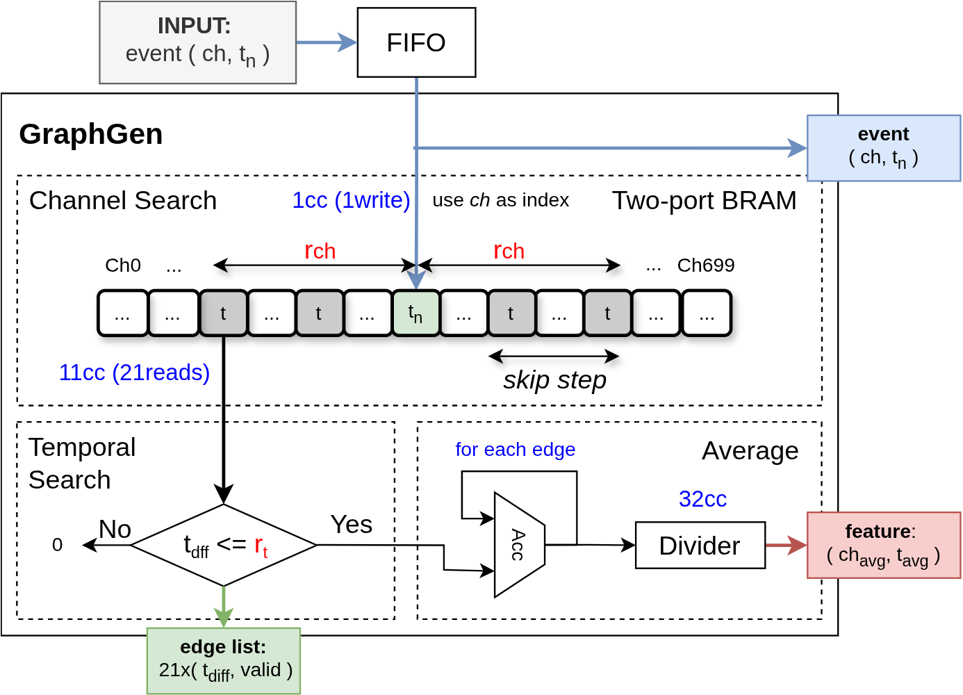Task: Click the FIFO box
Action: click(x=416, y=42)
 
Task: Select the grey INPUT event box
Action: click(x=197, y=42)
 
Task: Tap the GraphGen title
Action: click(x=91, y=134)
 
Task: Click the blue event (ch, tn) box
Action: click(x=883, y=148)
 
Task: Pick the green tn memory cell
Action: click(x=415, y=313)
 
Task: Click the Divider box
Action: click(x=700, y=546)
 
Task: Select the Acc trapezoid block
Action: click(x=518, y=545)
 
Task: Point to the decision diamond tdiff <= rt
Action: click(x=224, y=546)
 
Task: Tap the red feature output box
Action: click(x=883, y=545)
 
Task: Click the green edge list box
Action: click(x=224, y=660)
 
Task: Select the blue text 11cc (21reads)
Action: click(x=134, y=373)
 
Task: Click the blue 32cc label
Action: click(x=702, y=499)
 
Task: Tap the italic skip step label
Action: click(x=554, y=380)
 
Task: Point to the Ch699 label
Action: click(x=705, y=265)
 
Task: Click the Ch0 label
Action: click(x=123, y=265)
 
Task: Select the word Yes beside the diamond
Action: click(x=352, y=525)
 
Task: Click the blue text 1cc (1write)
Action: click(x=351, y=200)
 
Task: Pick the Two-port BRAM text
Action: click(x=704, y=200)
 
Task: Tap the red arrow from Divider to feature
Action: click(x=786, y=546)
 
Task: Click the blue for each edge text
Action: click(x=515, y=450)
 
